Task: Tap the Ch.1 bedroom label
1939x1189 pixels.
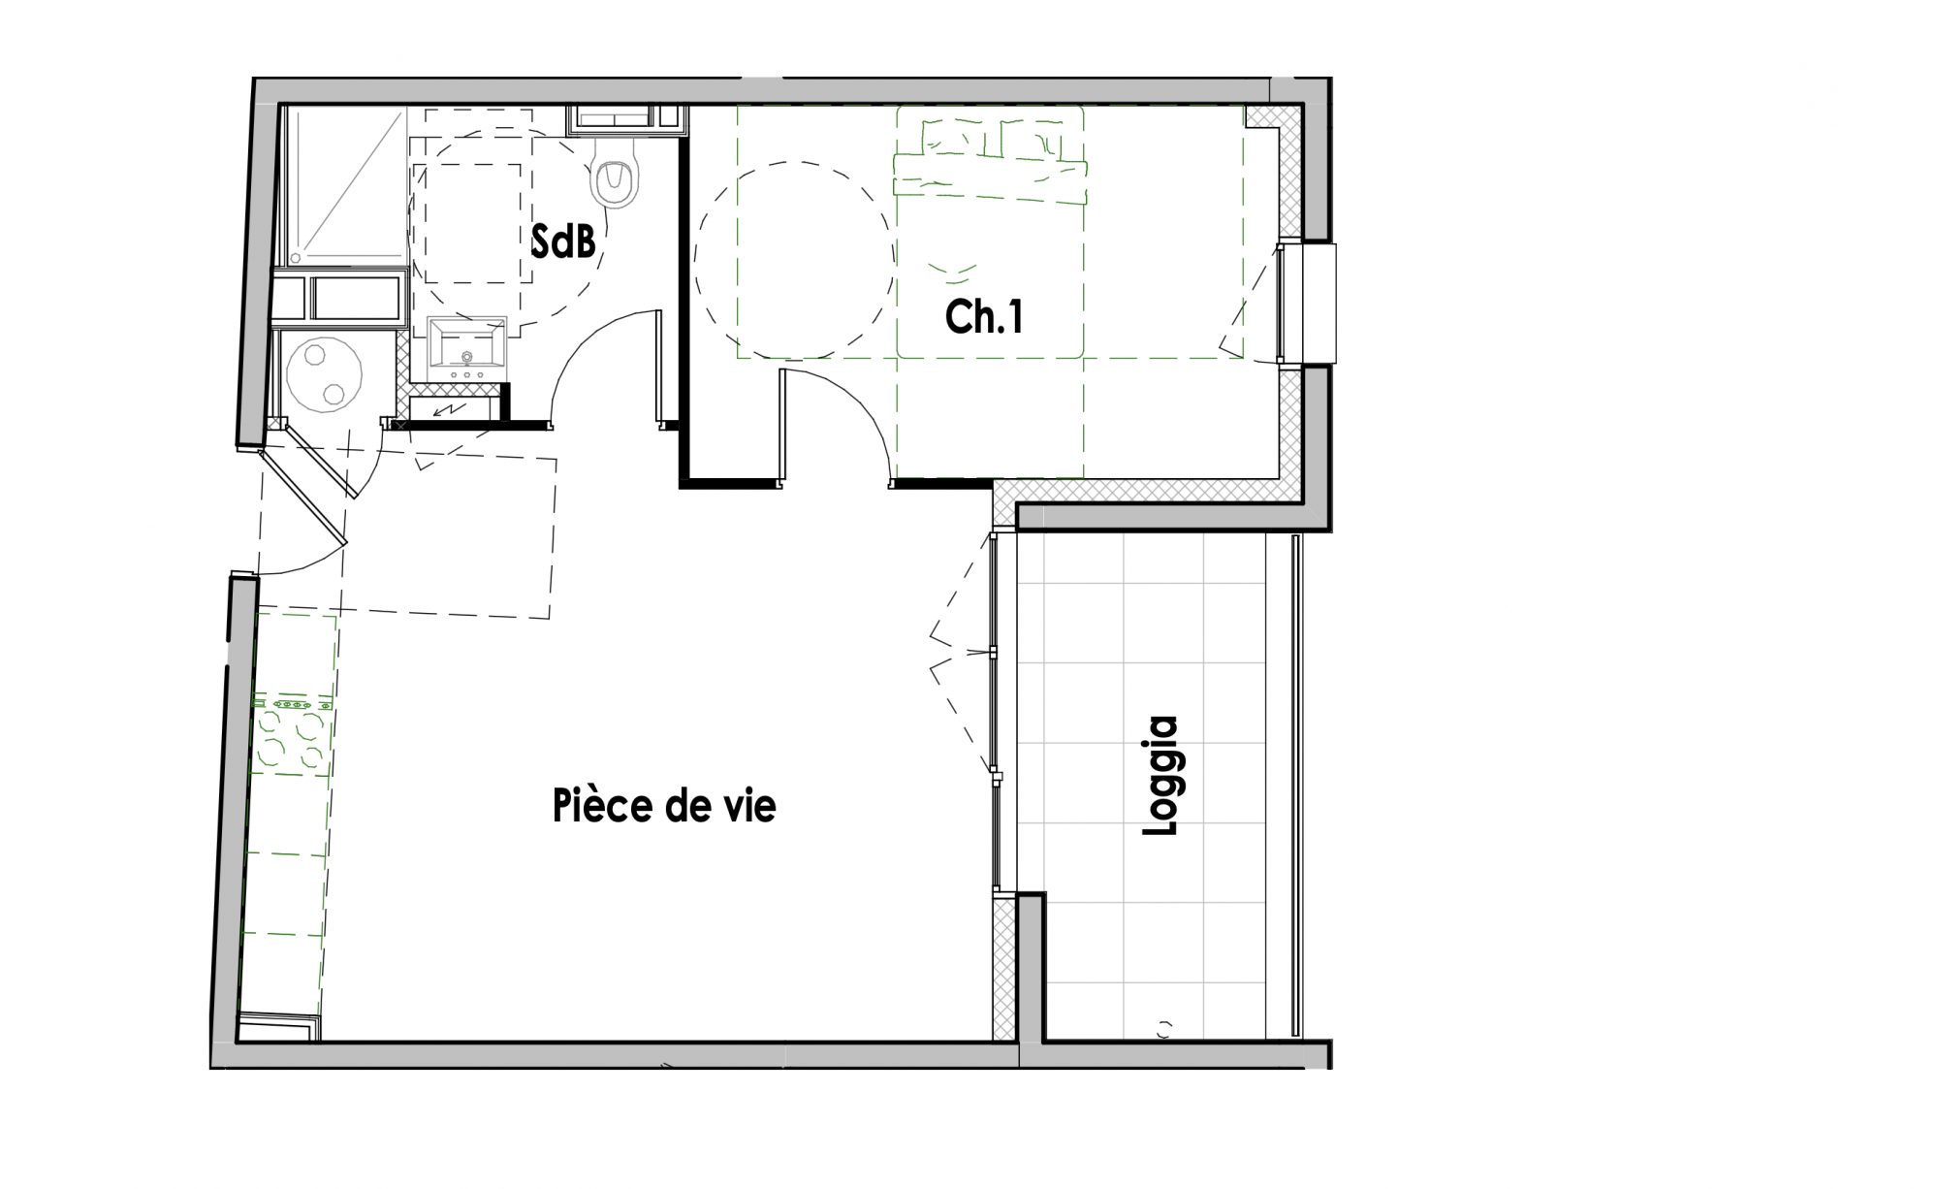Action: pos(985,316)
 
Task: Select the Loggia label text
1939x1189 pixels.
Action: pos(1161,776)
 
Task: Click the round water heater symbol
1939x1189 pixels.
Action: pos(325,372)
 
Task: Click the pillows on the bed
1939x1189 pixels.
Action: pos(989,139)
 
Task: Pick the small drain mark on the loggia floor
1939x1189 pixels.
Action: pos(1164,1030)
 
